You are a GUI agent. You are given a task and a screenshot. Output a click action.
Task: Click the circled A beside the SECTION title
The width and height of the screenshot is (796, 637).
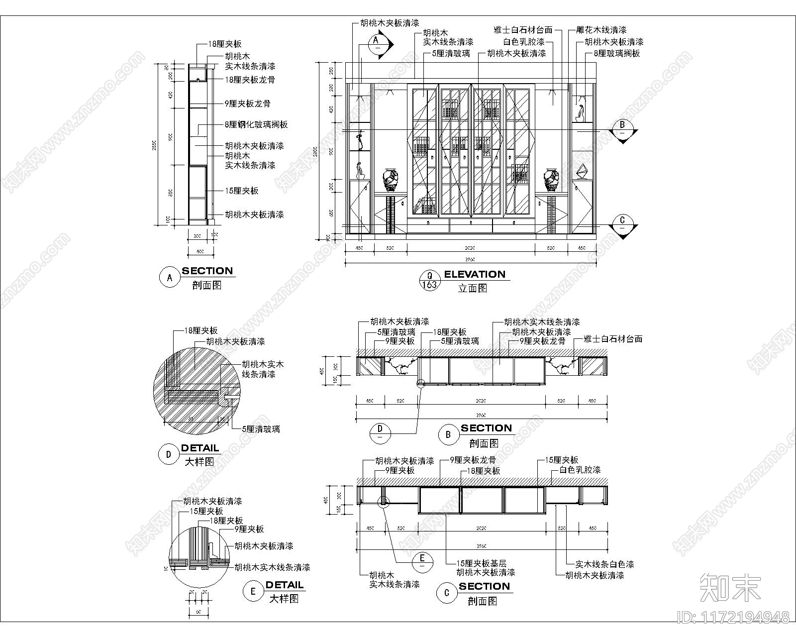tap(170, 278)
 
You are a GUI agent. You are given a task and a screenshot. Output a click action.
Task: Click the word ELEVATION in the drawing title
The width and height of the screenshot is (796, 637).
tap(474, 274)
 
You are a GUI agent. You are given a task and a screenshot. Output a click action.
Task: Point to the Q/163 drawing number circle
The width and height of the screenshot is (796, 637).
tap(429, 280)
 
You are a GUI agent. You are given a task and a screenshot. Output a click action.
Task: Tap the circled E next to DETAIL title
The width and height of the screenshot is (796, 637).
tap(253, 591)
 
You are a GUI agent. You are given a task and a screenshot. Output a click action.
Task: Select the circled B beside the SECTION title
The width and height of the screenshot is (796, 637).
tap(448, 434)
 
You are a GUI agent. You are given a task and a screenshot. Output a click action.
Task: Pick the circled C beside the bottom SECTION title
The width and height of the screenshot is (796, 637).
tap(446, 593)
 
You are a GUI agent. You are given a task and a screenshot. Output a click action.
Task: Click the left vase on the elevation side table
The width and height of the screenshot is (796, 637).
tap(391, 181)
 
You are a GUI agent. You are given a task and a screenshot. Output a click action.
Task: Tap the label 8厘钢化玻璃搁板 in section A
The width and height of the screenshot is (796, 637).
tap(256, 124)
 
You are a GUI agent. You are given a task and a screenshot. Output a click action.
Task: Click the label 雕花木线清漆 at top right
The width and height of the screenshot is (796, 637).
tap(601, 30)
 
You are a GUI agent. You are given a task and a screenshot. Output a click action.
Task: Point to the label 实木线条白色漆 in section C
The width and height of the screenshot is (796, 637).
tap(604, 564)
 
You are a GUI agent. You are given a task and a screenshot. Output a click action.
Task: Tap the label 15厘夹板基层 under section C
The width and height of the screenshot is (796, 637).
tap(481, 563)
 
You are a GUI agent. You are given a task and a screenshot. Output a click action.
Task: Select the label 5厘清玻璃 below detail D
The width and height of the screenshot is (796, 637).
tap(261, 429)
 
